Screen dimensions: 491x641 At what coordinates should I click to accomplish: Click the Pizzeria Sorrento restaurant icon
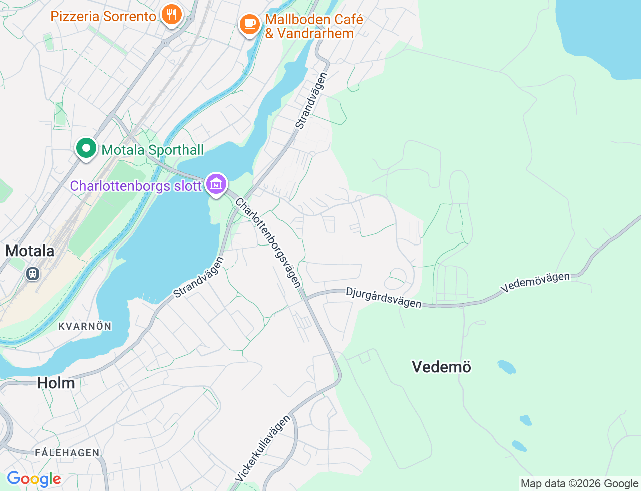point(171,15)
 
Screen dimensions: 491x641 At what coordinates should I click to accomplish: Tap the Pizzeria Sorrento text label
point(103,16)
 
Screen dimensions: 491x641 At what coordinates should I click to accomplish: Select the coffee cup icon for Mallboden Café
point(249,24)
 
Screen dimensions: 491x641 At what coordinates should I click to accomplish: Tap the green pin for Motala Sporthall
point(86,148)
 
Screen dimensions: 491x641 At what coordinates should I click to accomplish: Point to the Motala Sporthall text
point(153,150)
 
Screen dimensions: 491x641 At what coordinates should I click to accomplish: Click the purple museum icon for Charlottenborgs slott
point(216,184)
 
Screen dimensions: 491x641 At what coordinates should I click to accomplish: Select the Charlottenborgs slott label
point(136,186)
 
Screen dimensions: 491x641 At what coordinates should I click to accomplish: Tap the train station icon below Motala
point(33,274)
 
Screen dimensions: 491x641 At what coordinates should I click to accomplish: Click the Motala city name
point(30,251)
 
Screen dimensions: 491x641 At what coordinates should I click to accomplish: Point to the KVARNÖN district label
point(85,326)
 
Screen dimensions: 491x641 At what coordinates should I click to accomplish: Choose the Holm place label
point(56,383)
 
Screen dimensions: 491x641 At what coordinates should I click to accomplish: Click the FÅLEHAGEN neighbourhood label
point(67,453)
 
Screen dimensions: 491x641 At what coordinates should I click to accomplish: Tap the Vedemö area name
point(441,367)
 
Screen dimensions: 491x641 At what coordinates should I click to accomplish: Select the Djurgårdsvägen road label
point(383,298)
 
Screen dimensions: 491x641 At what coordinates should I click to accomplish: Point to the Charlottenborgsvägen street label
point(269,242)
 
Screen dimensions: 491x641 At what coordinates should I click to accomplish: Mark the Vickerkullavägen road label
point(262,448)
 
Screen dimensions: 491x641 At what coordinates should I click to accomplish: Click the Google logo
point(34,479)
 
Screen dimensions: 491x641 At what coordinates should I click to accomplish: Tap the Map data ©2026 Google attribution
point(579,483)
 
